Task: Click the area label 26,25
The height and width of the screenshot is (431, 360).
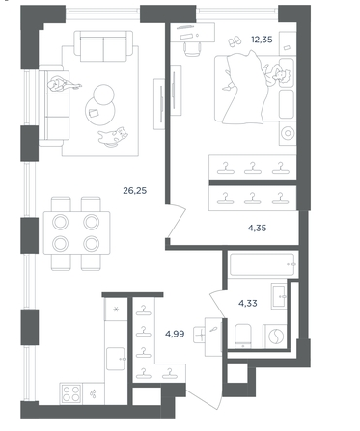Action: (x=135, y=191)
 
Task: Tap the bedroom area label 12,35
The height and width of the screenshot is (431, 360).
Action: (x=262, y=40)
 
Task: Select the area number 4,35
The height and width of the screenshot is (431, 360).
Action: (x=257, y=229)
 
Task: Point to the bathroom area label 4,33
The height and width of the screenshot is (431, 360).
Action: (x=248, y=303)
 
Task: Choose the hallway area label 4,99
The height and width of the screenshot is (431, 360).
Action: (x=175, y=334)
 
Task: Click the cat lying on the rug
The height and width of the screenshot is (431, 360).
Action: (x=113, y=136)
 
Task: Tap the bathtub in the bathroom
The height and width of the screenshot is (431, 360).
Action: (x=263, y=265)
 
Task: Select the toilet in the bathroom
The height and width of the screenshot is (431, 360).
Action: (x=243, y=336)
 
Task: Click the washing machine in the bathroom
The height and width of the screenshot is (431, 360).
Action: (x=275, y=337)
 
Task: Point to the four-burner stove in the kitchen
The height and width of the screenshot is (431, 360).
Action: (x=71, y=393)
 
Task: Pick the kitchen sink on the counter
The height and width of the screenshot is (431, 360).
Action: (x=116, y=359)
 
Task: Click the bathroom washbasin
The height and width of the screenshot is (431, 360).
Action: (x=279, y=296)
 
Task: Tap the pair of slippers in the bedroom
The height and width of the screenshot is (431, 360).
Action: (x=235, y=41)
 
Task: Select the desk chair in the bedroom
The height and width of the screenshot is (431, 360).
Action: (x=193, y=49)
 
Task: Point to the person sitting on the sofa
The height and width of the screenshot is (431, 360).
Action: (x=63, y=84)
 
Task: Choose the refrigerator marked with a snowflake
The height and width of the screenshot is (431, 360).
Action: (x=116, y=310)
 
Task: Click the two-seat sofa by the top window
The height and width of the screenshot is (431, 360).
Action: (x=103, y=46)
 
